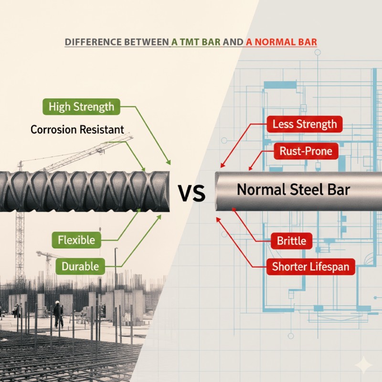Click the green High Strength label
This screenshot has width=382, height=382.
pos(82,106)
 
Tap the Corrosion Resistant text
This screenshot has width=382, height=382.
pos(77,129)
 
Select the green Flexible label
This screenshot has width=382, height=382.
pos(76,239)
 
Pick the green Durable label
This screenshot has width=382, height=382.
pos(80,266)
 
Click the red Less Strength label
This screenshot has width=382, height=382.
pos(305,125)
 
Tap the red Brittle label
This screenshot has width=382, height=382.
pos(291,240)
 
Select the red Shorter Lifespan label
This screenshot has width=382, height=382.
pos(310,266)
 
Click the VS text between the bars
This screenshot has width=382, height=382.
pos(191,193)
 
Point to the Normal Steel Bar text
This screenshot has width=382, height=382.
pos(293,190)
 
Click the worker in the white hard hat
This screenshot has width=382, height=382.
pos(58,313)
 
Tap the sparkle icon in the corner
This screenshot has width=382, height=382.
pos(364,365)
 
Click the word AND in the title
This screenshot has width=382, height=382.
pos(233,42)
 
